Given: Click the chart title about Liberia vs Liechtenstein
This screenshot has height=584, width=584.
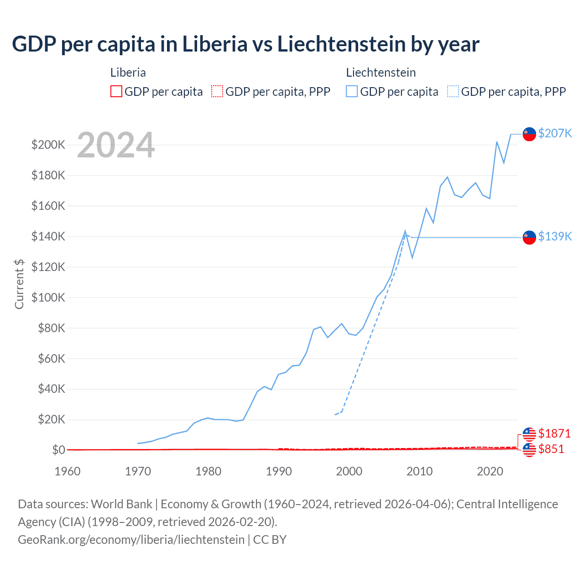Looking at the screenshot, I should [x=245, y=44].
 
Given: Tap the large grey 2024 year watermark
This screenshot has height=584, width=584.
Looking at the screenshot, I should [x=116, y=145].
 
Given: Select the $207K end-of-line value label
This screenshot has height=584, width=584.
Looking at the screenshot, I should [x=555, y=133].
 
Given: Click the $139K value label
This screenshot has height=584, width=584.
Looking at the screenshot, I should [x=555, y=236].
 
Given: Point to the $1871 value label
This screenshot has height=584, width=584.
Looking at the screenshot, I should [x=554, y=433].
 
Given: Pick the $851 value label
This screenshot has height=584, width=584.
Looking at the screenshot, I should [x=551, y=449].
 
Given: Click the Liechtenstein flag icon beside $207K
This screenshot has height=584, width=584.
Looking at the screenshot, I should [x=529, y=134].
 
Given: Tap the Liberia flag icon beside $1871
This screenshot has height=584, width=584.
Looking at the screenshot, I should [x=529, y=434].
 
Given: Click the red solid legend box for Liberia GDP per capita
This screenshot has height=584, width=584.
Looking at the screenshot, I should [x=116, y=92].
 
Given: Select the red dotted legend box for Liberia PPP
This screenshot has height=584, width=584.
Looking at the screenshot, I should [x=217, y=92].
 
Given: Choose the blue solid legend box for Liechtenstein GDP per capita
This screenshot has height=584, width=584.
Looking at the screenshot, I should [x=352, y=92].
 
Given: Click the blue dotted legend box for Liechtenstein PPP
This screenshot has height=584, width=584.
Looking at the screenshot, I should [x=453, y=92].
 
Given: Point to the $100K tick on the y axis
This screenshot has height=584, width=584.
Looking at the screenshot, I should [x=48, y=297].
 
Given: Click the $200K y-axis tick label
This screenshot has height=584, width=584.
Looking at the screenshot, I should [x=48, y=145].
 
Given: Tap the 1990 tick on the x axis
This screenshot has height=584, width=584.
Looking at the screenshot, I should [x=279, y=471].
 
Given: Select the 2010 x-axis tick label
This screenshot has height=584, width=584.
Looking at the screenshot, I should [x=420, y=471].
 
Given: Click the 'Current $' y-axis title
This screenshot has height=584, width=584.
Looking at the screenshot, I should [x=19, y=284].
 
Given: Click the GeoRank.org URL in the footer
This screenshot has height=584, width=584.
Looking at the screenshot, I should [x=131, y=540].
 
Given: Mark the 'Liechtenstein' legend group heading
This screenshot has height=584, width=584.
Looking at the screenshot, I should [x=381, y=73].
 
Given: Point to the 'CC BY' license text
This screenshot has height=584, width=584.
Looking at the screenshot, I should [x=270, y=540].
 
